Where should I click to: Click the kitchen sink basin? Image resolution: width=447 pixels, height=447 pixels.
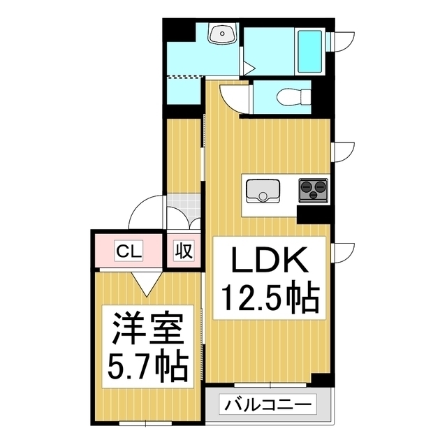263,190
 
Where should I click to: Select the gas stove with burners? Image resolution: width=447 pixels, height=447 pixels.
314,188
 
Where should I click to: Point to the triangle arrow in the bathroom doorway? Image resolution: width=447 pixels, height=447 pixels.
249,68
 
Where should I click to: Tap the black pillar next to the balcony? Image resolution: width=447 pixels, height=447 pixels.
321,381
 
